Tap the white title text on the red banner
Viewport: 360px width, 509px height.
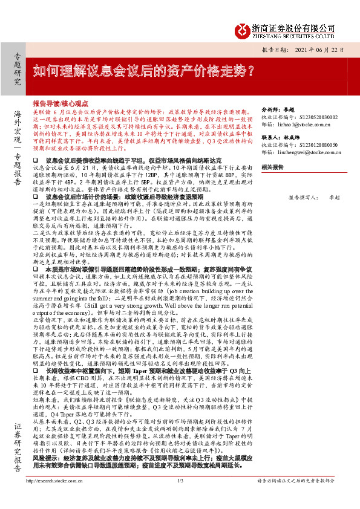pyautogui.click(x=143, y=70)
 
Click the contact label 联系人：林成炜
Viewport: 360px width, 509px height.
pyautogui.click(x=280, y=138)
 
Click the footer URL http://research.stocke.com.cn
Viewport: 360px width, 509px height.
pyautogui.click(x=54, y=498)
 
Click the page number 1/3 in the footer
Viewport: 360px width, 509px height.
pyautogui.click(x=180, y=498)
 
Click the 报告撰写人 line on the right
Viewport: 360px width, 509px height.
pyautogui.click(x=315, y=197)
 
